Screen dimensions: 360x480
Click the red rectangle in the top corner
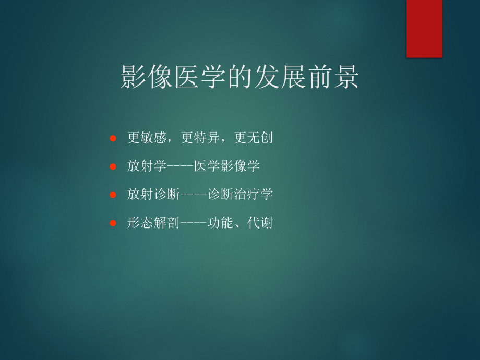coord(424,28)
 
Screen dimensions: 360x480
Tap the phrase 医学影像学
coord(227,166)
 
